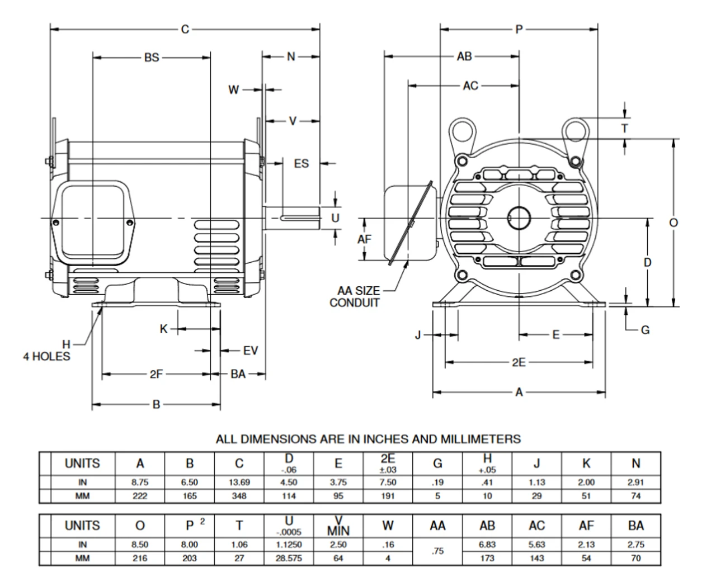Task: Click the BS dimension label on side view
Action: pyautogui.click(x=152, y=57)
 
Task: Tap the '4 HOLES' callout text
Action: pyautogui.click(x=47, y=356)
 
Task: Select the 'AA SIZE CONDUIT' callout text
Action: pyautogui.click(x=355, y=297)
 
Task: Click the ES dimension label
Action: pyautogui.click(x=301, y=163)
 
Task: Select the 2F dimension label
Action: pyautogui.click(x=156, y=374)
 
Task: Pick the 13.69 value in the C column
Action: pyautogui.click(x=239, y=482)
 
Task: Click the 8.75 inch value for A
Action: pyautogui.click(x=140, y=482)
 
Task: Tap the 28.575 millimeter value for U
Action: pyautogui.click(x=289, y=558)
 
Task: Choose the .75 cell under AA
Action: pyautogui.click(x=437, y=551)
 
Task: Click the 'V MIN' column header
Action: pyautogui.click(x=338, y=526)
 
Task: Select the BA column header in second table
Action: pyautogui.click(x=635, y=526)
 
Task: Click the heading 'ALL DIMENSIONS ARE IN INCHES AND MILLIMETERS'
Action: pyautogui.click(x=368, y=439)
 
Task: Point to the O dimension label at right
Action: pyautogui.click(x=673, y=223)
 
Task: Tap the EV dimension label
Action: pyautogui.click(x=250, y=351)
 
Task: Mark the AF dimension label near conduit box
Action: pyautogui.click(x=365, y=239)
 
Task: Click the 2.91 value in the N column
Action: pyautogui.click(x=635, y=482)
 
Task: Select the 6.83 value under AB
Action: pyautogui.click(x=487, y=545)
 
